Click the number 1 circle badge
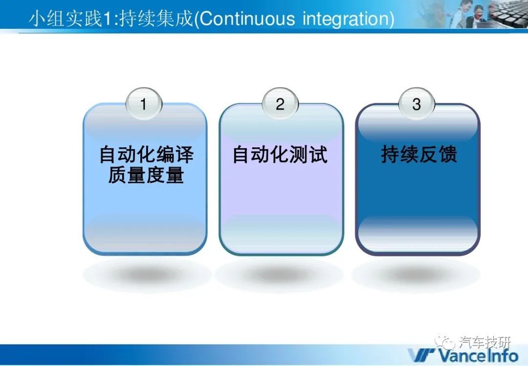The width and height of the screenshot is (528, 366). (144, 103)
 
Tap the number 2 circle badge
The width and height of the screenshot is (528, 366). (280, 103)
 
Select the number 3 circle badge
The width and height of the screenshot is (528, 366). (417, 103)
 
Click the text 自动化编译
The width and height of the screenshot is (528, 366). (146, 154)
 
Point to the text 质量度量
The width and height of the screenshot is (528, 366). (146, 175)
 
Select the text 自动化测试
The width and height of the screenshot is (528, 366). (280, 154)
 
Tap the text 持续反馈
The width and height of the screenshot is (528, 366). (419, 154)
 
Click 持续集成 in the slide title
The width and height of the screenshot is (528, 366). (156, 18)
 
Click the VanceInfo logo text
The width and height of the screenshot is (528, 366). (479, 355)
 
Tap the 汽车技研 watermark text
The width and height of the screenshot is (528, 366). (485, 343)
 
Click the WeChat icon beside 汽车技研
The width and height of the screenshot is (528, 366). (445, 343)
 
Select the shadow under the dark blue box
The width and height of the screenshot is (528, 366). (416, 275)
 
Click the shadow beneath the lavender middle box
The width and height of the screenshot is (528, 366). (280, 275)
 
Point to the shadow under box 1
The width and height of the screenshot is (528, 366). (147, 275)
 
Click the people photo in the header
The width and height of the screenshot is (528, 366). (471, 14)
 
